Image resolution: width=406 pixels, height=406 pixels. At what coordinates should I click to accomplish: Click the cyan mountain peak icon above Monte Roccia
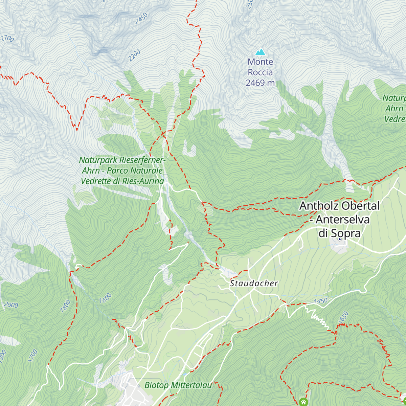(260, 52)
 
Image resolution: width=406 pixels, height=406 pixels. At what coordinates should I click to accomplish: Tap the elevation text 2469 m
(260, 83)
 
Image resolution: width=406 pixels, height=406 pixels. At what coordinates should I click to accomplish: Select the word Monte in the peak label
(260, 62)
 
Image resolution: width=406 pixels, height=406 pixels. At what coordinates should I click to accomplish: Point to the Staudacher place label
(254, 284)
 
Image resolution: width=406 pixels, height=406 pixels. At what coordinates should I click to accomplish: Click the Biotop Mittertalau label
(178, 385)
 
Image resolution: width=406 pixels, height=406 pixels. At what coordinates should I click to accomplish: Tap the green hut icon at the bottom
(303, 402)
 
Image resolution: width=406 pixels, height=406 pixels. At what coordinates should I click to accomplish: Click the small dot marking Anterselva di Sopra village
(340, 239)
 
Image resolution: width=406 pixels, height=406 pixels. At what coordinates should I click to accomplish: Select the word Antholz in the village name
(319, 206)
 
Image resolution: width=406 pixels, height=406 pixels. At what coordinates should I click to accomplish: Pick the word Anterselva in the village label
(342, 220)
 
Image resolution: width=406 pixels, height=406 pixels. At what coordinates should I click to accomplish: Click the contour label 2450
(141, 18)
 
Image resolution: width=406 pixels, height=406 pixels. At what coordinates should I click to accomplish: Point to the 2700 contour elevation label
(7, 39)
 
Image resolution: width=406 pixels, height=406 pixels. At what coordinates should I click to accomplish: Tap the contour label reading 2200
(134, 55)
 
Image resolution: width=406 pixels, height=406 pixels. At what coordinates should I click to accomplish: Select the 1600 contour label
(105, 298)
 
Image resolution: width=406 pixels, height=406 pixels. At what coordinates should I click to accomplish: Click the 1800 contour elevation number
(65, 306)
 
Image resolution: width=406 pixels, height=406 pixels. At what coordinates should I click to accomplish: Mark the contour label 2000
(11, 305)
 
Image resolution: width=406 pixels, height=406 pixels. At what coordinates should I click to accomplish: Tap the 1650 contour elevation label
(343, 317)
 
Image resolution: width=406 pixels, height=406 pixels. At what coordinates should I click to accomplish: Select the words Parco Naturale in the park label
(135, 171)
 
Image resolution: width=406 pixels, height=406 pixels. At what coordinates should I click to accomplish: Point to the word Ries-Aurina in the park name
(143, 181)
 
